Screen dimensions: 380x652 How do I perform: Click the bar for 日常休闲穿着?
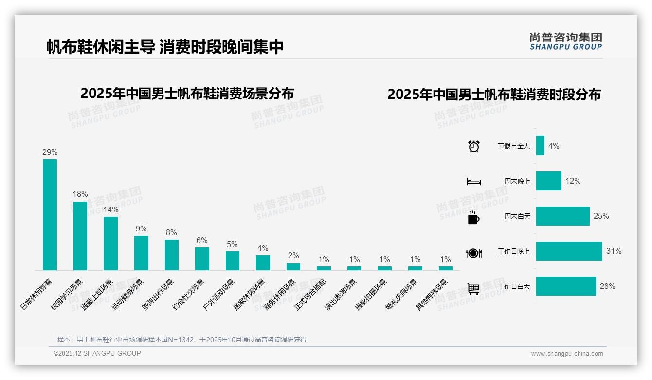[x=50, y=214]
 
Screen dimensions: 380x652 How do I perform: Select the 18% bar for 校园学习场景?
[x=80, y=236]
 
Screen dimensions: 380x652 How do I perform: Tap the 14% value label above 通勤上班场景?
[x=110, y=210]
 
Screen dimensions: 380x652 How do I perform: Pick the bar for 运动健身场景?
[x=141, y=253]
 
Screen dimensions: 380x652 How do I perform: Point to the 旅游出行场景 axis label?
[x=158, y=294]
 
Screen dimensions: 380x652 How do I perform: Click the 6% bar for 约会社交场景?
[x=202, y=259]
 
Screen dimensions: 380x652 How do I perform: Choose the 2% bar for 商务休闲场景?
[x=293, y=266]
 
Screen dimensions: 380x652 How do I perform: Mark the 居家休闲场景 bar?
[x=263, y=263]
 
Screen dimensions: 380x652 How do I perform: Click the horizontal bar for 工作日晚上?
[x=569, y=251]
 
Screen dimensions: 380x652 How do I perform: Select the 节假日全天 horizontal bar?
[x=540, y=146]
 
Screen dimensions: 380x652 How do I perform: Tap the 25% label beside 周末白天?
[x=601, y=216]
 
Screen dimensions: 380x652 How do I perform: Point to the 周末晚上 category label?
[x=517, y=181]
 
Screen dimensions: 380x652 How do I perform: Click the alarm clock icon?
[x=474, y=146]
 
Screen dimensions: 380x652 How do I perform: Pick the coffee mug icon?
[x=473, y=218]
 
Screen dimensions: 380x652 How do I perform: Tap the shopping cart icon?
[x=473, y=288]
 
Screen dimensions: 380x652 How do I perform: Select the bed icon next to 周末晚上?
[x=473, y=182]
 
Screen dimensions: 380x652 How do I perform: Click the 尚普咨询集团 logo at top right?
[x=566, y=41]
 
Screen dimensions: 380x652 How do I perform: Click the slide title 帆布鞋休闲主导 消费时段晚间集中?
[x=165, y=47]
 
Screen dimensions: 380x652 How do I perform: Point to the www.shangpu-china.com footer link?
[x=567, y=354]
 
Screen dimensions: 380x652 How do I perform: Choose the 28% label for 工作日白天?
[x=607, y=286]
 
